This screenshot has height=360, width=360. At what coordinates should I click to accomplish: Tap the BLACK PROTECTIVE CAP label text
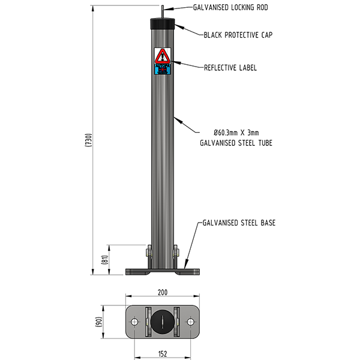(238, 35)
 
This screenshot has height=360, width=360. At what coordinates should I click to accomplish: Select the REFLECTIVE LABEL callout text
(230, 68)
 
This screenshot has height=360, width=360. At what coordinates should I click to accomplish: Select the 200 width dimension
(163, 292)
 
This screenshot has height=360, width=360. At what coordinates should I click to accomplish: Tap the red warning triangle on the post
(163, 57)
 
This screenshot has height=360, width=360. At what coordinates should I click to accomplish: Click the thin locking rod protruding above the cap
(163, 11)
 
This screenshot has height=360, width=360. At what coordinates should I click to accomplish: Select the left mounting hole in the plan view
(134, 322)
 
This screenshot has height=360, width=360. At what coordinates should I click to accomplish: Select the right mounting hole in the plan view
(191, 322)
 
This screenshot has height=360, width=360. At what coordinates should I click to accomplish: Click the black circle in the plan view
(163, 322)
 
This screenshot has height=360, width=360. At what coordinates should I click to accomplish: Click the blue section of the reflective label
(163, 69)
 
